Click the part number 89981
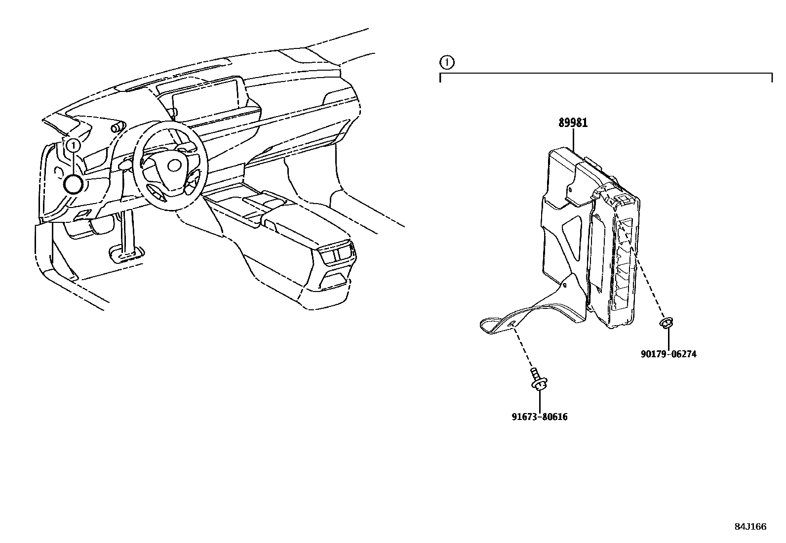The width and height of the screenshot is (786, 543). click(573, 123)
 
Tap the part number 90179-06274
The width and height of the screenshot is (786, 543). click(668, 354)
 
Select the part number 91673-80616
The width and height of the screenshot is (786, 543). click(539, 417)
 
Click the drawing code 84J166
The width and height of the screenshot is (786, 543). click(750, 527)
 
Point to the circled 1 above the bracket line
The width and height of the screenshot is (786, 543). click(446, 62)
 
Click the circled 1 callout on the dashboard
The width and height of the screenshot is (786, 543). click(73, 145)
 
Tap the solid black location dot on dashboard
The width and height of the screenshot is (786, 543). click(73, 184)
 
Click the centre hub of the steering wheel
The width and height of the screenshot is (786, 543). click(174, 165)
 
